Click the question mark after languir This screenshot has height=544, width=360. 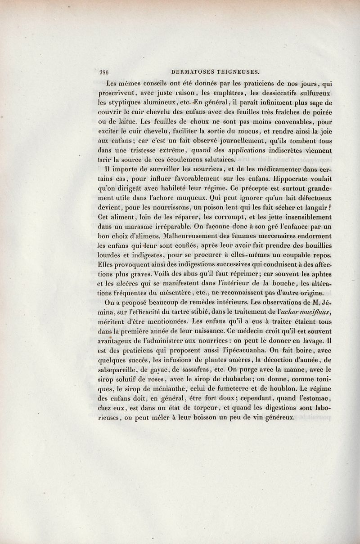[330, 208]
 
